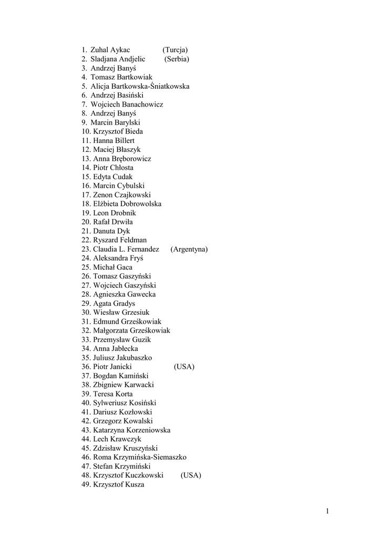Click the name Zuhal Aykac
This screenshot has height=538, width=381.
pyautogui.click(x=110, y=50)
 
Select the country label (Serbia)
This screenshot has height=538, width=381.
pyautogui.click(x=177, y=59)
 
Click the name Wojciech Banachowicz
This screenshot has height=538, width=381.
pyautogui.click(x=127, y=105)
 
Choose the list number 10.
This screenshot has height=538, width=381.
pyautogui.click(x=86, y=131)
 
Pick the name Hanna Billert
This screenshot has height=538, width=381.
pyautogui.click(x=114, y=141)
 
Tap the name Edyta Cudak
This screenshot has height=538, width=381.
pyautogui.click(x=112, y=177)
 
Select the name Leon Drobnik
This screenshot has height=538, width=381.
pyautogui.click(x=114, y=213)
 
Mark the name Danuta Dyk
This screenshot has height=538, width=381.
pyautogui.click(x=111, y=231)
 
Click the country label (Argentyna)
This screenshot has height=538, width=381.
pyautogui.click(x=189, y=249)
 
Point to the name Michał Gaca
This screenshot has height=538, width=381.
pyautogui.click(x=112, y=267)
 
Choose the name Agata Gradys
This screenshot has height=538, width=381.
pyautogui.click(x=114, y=304)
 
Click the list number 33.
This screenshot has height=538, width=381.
pyautogui.click(x=86, y=340)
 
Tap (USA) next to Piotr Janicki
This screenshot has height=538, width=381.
pyautogui.click(x=184, y=367)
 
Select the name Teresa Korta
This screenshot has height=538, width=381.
pyautogui.click(x=112, y=394)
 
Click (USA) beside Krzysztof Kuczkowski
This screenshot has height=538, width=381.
pyautogui.click(x=191, y=475)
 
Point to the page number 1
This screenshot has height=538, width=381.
pyautogui.click(x=327, y=511)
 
